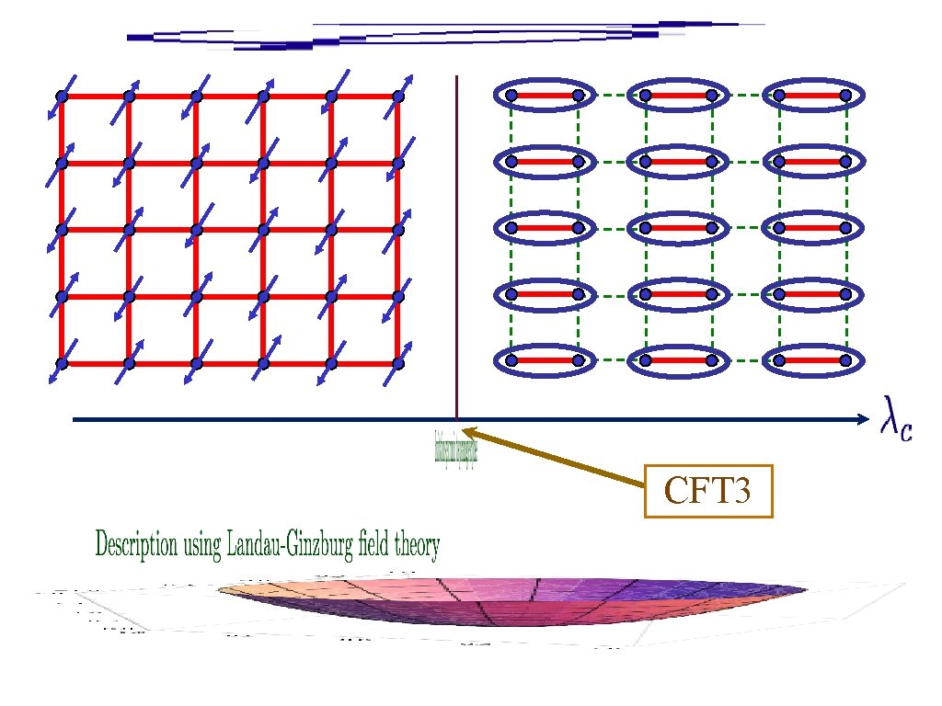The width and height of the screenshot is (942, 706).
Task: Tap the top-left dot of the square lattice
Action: (x=62, y=96)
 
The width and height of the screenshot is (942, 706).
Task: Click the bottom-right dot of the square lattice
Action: (x=398, y=363)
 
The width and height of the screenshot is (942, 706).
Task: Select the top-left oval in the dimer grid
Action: (x=544, y=95)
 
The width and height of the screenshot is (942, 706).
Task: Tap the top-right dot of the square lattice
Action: (x=398, y=96)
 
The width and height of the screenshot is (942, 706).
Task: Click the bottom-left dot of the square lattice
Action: (x=62, y=363)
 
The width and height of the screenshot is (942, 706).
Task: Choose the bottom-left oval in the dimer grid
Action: (x=544, y=361)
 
